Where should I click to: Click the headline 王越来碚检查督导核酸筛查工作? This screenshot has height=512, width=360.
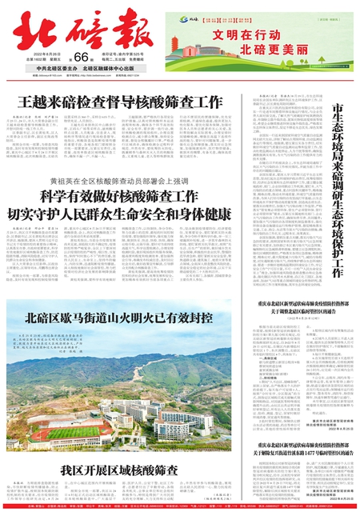coord(119,102)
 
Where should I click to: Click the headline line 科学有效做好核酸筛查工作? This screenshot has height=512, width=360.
coord(119,198)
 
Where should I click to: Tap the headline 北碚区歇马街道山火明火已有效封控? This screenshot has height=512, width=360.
coord(119,318)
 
